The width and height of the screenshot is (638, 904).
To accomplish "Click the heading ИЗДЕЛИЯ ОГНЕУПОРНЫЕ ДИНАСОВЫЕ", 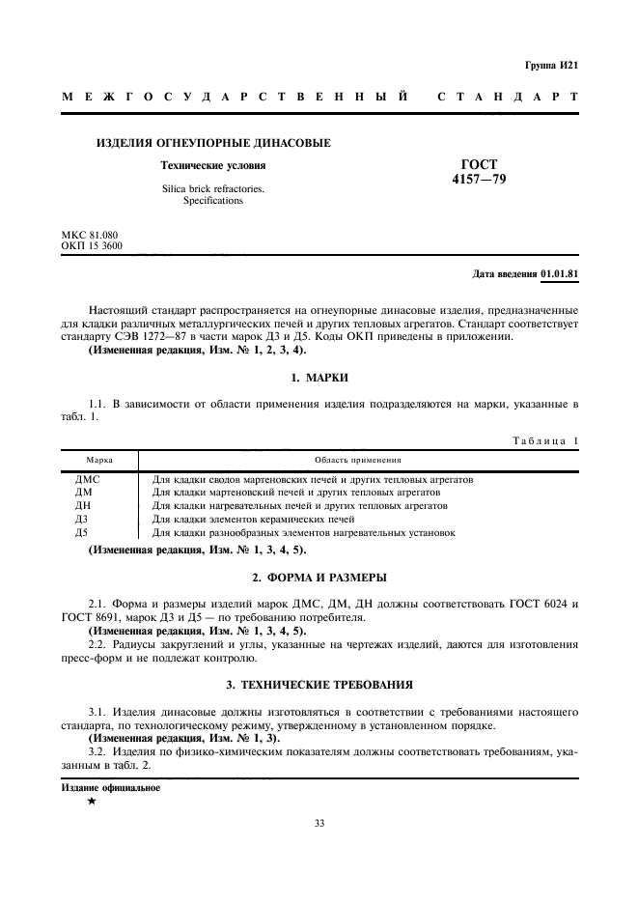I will [x=213, y=143].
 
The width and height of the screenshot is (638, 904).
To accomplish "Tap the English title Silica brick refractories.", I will [x=213, y=189].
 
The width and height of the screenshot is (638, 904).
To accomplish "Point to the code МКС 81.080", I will [x=90, y=235].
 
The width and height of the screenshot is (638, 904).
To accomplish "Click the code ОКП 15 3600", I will [x=92, y=245].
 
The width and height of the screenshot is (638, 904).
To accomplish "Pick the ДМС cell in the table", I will [x=88, y=479].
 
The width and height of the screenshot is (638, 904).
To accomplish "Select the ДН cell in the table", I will [x=83, y=505].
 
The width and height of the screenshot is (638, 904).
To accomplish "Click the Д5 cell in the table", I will [x=82, y=532].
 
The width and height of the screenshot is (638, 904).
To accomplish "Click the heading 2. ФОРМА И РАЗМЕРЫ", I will [x=319, y=578].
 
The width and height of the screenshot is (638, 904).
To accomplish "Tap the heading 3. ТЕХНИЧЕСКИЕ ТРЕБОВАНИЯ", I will [x=319, y=685].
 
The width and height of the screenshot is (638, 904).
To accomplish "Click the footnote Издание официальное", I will [x=110, y=787].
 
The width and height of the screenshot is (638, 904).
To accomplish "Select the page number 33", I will [x=319, y=823].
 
